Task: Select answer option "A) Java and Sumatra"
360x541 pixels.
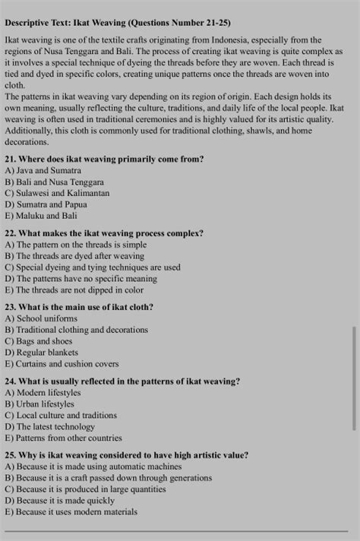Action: pyautogui.click(x=43, y=171)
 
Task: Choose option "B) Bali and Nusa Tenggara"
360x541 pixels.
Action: pyautogui.click(x=55, y=182)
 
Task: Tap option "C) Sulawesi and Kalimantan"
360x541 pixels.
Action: pyautogui.click(x=57, y=193)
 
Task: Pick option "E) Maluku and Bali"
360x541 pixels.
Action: pyautogui.click(x=41, y=215)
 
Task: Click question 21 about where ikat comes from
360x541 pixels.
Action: pyautogui.click(x=104, y=160)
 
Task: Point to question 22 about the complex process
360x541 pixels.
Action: pyautogui.click(x=104, y=233)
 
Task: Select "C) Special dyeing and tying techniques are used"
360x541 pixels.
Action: pyautogui.click(x=93, y=267)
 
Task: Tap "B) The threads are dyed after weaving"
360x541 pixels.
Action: pyautogui.click(x=74, y=256)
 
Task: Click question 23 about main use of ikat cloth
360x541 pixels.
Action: pyautogui.click(x=79, y=307)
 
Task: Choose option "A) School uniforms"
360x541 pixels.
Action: pyautogui.click(x=41, y=318)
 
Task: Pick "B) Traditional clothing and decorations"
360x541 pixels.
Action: pyautogui.click(x=77, y=330)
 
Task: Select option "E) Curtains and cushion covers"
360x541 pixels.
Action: pyautogui.click(x=62, y=364)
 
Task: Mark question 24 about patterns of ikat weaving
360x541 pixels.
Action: pyautogui.click(x=122, y=381)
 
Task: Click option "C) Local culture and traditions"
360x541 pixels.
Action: pyautogui.click(x=61, y=416)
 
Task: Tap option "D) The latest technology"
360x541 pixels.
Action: pyautogui.click(x=51, y=427)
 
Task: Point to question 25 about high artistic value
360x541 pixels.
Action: pyautogui.click(x=126, y=455)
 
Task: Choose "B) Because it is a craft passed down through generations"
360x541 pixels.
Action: pyautogui.click(x=109, y=478)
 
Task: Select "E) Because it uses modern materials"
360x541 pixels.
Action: pyautogui.click(x=71, y=512)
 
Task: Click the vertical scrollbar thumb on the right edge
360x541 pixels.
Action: pyautogui.click(x=353, y=378)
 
